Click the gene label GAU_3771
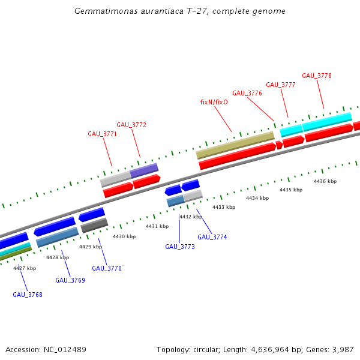click(102, 134)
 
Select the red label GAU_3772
click(131, 125)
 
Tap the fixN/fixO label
click(214, 102)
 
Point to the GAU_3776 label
click(247, 93)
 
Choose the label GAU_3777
click(281, 85)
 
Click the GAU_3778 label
click(317, 76)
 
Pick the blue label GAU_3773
click(180, 247)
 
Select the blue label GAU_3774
click(212, 237)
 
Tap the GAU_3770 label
click(107, 268)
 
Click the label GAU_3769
click(70, 280)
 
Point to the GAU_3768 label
click(28, 295)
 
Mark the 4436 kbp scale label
click(325, 181)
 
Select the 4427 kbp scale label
click(25, 268)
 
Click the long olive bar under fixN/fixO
click(235, 146)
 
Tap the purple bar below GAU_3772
click(144, 170)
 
